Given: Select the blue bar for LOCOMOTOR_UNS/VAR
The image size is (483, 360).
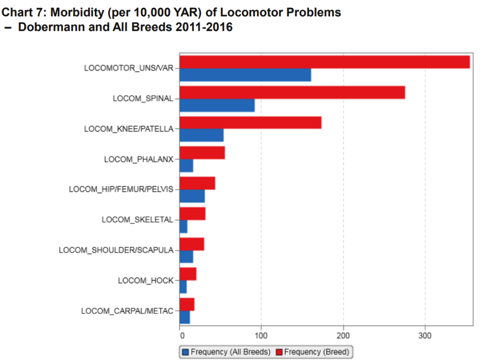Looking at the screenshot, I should [x=245, y=75].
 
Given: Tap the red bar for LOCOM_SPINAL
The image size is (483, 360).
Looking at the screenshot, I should [x=292, y=92].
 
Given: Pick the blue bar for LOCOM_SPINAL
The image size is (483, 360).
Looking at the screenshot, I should [x=217, y=105].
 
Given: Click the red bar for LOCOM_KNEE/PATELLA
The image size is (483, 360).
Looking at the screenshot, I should [x=250, y=123].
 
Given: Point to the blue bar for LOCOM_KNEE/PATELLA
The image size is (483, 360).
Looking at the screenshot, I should [x=201, y=135].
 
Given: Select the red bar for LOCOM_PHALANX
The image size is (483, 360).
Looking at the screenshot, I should [x=202, y=152].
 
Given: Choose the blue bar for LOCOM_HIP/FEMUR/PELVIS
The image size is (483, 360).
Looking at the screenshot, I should [x=192, y=196].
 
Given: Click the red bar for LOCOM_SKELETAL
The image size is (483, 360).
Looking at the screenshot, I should [x=192, y=213].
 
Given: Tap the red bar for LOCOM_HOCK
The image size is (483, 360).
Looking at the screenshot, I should [x=188, y=274].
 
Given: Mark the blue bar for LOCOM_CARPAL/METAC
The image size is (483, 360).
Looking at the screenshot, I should [x=185, y=317].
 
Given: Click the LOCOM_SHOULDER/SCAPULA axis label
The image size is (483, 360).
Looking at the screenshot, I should [x=116, y=250].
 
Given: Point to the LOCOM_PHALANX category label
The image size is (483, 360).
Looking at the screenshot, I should [x=139, y=159].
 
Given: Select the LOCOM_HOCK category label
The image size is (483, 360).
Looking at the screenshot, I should [x=145, y=280].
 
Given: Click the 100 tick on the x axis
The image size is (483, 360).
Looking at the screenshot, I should [x=261, y=335].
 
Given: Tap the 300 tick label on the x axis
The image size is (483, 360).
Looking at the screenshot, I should [x=425, y=335].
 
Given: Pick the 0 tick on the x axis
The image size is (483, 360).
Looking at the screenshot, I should [x=180, y=335].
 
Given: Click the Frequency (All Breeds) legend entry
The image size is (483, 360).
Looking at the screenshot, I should [x=226, y=352].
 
